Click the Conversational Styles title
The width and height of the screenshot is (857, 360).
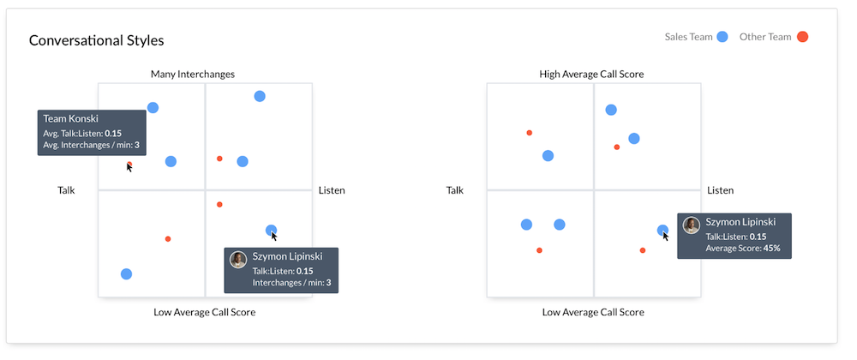pos(96,40)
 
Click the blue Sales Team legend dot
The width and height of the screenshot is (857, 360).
pos(722,37)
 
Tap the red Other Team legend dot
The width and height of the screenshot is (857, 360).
pos(802,37)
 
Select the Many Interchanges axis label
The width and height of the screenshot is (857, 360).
pos(193,75)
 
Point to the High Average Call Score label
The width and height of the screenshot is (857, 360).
pos(591,75)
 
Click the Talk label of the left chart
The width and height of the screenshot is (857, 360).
pos(66,190)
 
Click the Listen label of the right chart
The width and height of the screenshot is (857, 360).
pos(720,190)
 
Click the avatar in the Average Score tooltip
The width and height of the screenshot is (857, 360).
pos(692,225)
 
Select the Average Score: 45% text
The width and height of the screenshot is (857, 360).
pos(743,249)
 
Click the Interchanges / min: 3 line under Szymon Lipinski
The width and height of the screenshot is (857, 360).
pos(291,282)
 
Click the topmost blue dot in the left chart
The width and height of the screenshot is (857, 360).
pos(260,96)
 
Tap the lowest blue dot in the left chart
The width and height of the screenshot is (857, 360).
pos(127,274)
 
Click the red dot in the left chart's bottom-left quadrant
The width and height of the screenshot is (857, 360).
pos(168,238)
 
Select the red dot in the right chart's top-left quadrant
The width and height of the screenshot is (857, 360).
pos(530,133)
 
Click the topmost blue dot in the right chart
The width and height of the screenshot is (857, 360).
pos(611,110)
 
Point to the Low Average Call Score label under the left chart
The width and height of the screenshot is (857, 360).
pos(204,312)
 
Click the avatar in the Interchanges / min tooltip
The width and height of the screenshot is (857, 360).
pos(239,260)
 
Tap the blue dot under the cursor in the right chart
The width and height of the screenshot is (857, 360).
pos(662,230)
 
